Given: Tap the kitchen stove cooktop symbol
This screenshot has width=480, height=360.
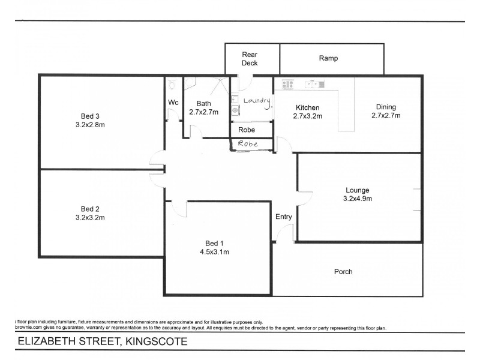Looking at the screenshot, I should point(287,84).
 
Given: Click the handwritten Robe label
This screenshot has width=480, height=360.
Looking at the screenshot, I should point(248,144).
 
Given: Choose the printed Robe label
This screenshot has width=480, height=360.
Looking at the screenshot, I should point(247,130).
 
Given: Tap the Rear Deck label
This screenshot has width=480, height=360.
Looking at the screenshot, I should point(250,58).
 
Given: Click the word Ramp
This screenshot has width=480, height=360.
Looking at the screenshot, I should point(328,58).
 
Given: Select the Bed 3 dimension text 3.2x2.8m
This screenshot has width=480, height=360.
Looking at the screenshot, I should point(89,125).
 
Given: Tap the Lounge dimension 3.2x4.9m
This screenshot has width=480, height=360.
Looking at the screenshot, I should point(357,198).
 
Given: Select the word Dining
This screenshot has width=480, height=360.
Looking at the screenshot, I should point(386,107).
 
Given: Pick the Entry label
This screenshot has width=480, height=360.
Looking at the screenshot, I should point(283,217).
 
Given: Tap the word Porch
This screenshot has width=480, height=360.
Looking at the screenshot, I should point(343,272).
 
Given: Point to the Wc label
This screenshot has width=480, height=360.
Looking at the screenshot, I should point(173,103).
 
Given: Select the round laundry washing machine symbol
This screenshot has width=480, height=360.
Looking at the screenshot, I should point(235,110).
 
